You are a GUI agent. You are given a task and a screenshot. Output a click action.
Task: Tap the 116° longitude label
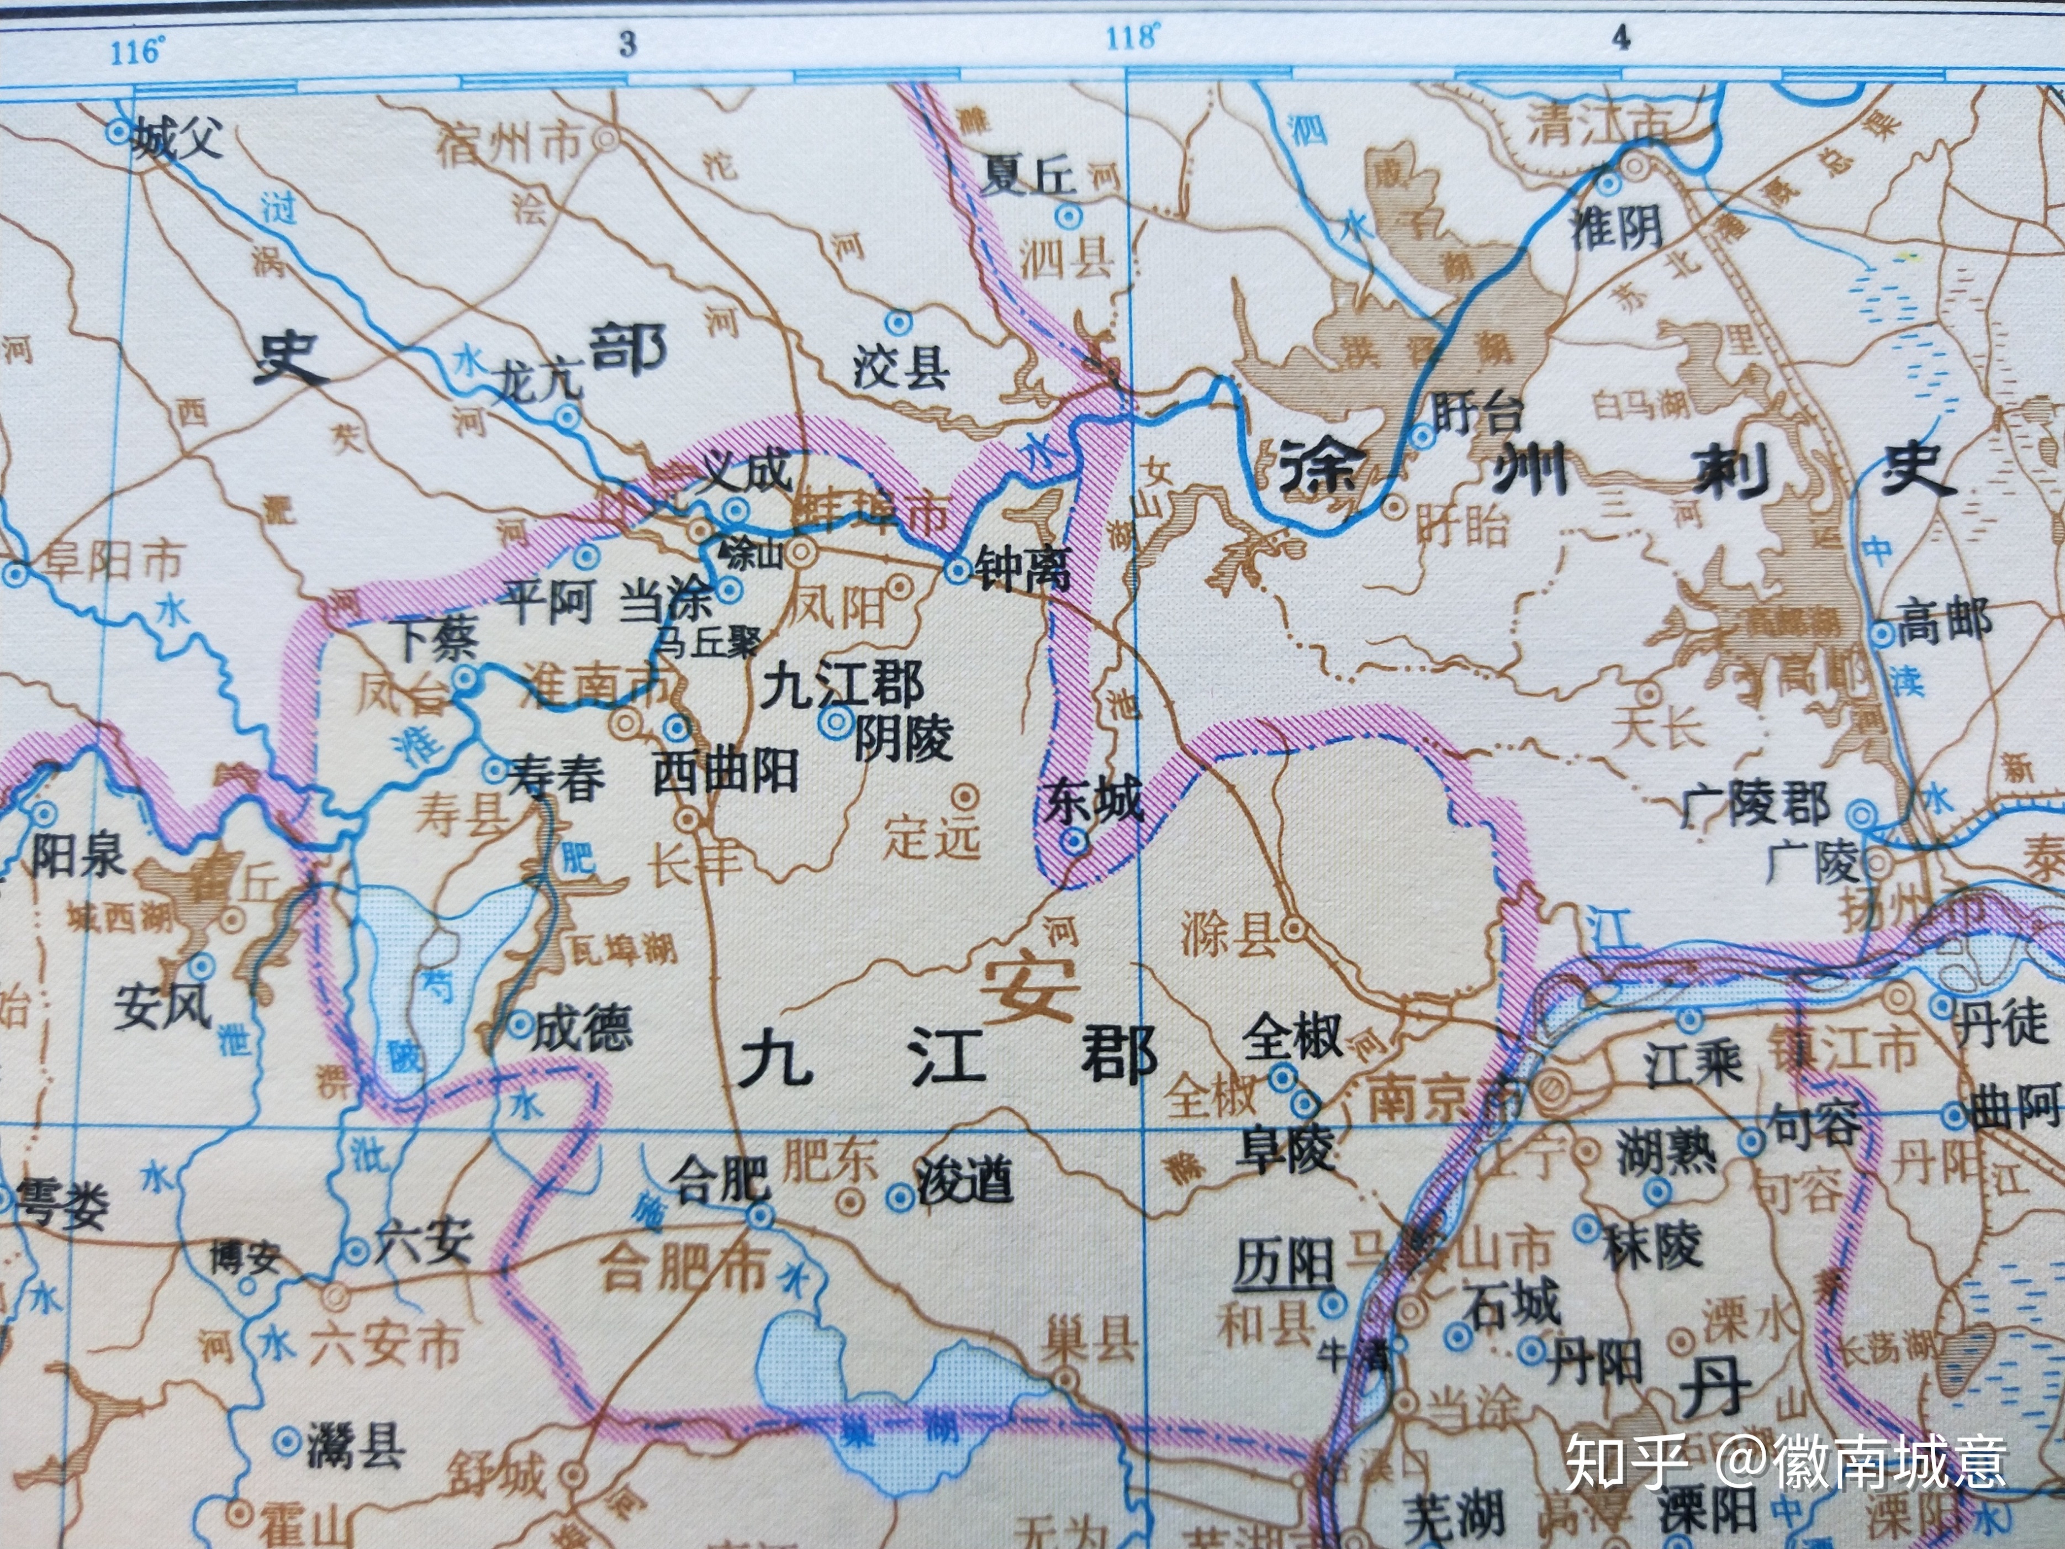136,51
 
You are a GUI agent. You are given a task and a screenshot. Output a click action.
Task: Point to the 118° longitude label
1132,38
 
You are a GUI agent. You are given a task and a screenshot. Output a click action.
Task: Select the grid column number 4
1622,38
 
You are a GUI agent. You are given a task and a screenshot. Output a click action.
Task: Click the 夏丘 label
1027,176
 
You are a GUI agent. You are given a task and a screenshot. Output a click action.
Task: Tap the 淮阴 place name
1617,227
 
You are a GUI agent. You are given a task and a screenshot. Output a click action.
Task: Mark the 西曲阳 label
725,773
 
